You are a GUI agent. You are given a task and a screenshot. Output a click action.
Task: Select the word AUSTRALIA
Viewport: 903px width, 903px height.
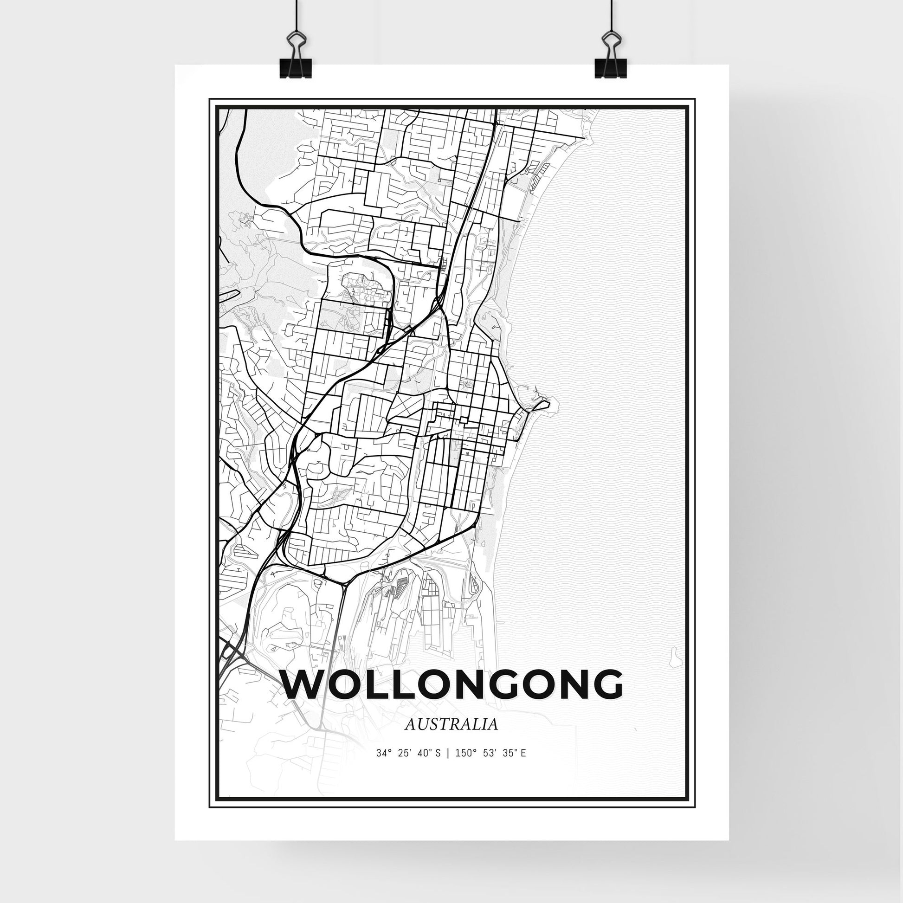click(451, 737)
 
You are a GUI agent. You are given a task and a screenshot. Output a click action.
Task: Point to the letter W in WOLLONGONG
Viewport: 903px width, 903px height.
click(304, 685)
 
